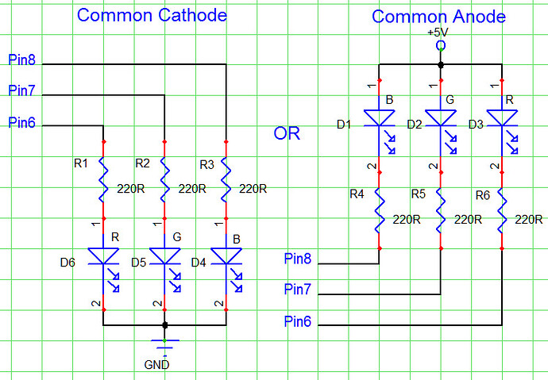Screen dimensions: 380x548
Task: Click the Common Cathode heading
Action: pyautogui.click(x=152, y=16)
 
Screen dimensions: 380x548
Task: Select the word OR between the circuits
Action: pyautogui.click(x=287, y=133)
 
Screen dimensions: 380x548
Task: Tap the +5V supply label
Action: pyautogui.click(x=438, y=33)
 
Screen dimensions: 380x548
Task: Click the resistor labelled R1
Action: pyautogui.click(x=103, y=180)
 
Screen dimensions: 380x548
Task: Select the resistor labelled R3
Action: pyautogui.click(x=226, y=180)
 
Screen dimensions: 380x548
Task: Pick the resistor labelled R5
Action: pyautogui.click(x=441, y=210)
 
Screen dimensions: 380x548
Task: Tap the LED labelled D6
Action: pyautogui.click(x=103, y=257)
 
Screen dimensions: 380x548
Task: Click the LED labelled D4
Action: pyautogui.click(x=226, y=257)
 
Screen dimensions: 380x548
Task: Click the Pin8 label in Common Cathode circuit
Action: pyautogui.click(x=21, y=59)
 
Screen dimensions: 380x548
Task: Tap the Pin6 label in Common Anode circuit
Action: pyautogui.click(x=299, y=321)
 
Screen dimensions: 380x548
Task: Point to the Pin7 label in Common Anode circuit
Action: pyautogui.click(x=299, y=290)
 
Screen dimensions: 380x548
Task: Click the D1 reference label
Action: pyautogui.click(x=344, y=125)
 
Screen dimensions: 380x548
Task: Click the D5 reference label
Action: pyautogui.click(x=138, y=261)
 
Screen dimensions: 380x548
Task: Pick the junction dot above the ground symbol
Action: pyautogui.click(x=165, y=325)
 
